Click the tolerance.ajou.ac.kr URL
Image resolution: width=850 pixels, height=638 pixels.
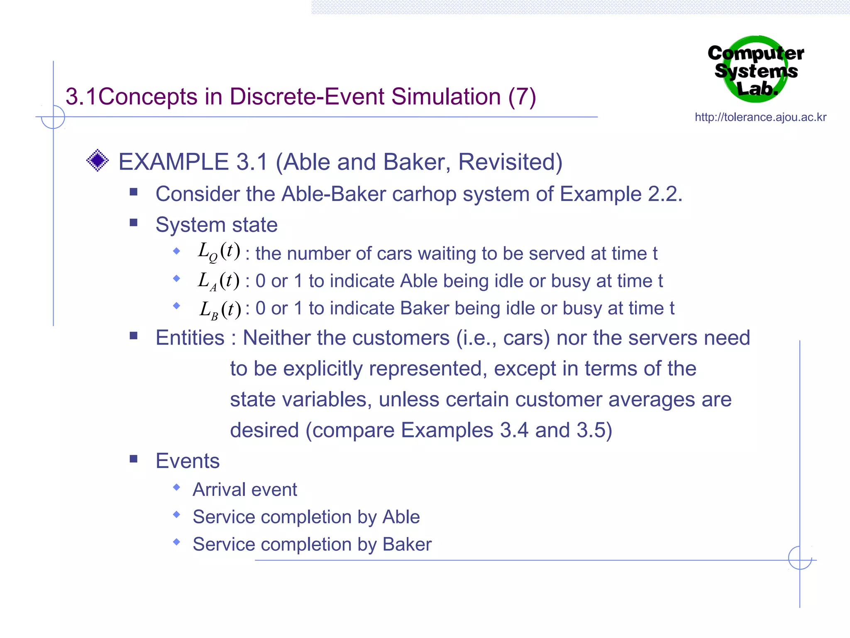coord(760,117)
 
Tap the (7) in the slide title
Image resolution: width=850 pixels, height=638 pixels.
coord(522,97)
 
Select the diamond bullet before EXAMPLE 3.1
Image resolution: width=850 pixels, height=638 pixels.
coord(98,160)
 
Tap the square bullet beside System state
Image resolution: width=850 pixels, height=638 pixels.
coord(134,223)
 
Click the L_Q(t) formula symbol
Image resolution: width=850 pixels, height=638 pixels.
coord(219,252)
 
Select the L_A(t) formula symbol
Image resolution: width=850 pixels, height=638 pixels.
coord(218,281)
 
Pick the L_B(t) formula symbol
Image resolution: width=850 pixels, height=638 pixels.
coord(220,309)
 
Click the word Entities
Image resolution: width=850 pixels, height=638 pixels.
coord(190,338)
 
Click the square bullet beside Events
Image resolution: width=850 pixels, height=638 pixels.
coord(134,459)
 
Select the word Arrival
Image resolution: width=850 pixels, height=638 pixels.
coord(219,490)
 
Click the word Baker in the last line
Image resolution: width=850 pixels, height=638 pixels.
coord(407,545)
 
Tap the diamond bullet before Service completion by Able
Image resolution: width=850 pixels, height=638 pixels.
coord(177,515)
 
